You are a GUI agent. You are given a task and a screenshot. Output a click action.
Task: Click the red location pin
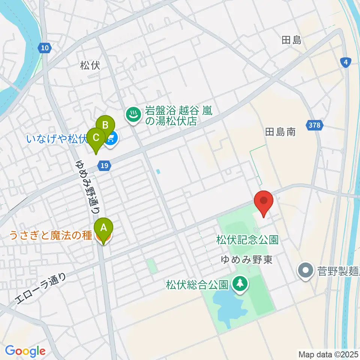tap(264, 202)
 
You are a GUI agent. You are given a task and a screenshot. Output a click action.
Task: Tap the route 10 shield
tap(45, 48)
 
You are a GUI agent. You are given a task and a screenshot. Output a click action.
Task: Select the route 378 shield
tap(315, 125)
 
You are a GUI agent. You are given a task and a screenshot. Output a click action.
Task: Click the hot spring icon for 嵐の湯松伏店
tap(132, 114)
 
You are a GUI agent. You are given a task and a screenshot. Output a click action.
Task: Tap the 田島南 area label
tap(280, 132)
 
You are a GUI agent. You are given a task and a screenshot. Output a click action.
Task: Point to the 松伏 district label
tap(90, 66)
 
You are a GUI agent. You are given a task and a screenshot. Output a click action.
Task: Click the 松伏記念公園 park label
tap(247, 240)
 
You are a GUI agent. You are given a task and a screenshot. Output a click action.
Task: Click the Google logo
tap(25, 351)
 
